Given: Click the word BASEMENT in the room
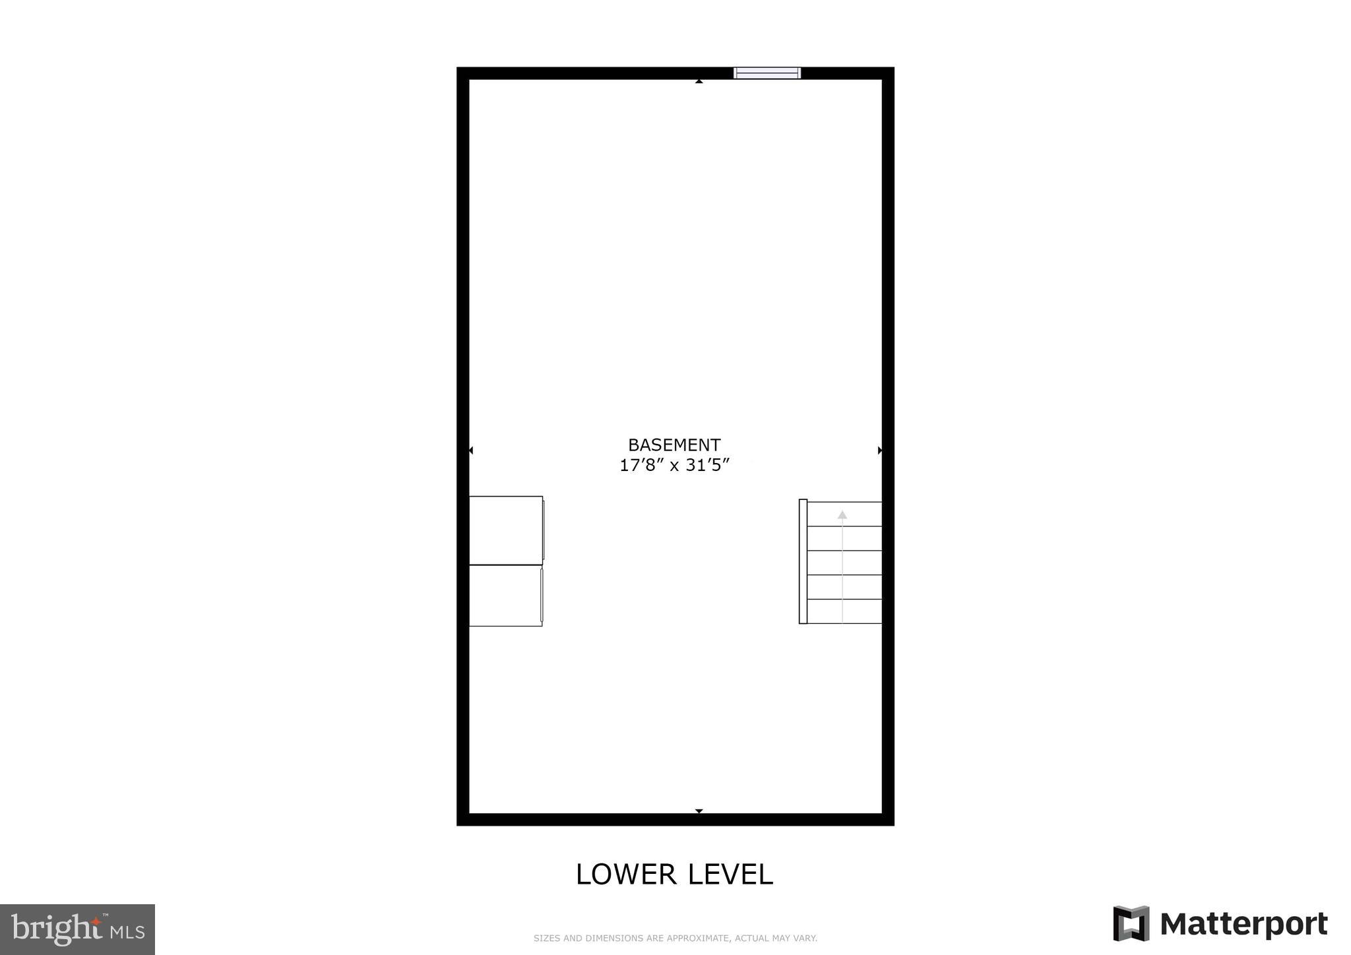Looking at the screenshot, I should (x=674, y=445).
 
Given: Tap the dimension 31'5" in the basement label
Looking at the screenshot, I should (x=707, y=466).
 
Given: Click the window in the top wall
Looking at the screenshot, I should (x=767, y=73).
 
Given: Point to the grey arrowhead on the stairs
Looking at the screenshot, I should (x=842, y=514).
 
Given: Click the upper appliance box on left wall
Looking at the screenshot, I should (x=506, y=530).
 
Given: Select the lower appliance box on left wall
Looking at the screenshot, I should (x=505, y=596).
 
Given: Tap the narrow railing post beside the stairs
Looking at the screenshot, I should (x=803, y=561).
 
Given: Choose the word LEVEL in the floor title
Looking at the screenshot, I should (x=730, y=875).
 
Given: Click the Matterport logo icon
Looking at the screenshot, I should (x=1131, y=923).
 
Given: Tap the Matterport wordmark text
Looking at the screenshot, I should (x=1243, y=925).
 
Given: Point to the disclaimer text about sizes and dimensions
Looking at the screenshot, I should (x=675, y=938).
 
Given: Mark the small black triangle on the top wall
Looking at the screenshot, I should (x=699, y=81).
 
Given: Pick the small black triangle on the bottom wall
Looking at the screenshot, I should (x=699, y=811).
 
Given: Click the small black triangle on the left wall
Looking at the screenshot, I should (x=471, y=450).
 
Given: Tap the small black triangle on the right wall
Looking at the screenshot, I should (x=879, y=450).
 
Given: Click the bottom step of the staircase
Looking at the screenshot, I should (x=844, y=611).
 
